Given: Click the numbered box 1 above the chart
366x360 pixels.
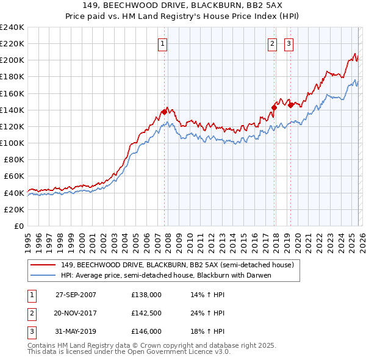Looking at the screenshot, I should (163, 43).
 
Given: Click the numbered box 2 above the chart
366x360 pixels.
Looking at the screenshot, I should (272, 43).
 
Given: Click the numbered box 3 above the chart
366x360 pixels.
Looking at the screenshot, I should (289, 43).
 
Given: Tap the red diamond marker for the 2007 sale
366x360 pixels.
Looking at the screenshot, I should (164, 112).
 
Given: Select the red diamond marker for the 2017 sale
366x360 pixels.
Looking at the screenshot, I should (274, 108).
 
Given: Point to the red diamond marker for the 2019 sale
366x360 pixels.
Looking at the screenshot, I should (291, 105).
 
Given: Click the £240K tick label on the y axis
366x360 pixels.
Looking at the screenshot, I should (12, 27).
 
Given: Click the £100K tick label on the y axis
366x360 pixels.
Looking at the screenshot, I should (12, 143).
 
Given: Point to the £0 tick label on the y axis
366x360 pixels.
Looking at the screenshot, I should (18, 226).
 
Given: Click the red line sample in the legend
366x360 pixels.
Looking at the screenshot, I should (43, 265).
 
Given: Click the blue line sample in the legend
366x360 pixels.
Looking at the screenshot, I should (43, 275).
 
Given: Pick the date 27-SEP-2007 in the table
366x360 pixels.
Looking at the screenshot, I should (76, 294).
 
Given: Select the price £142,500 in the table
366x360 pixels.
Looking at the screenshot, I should (146, 313).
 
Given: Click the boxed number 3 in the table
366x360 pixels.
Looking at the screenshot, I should (30, 332).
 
